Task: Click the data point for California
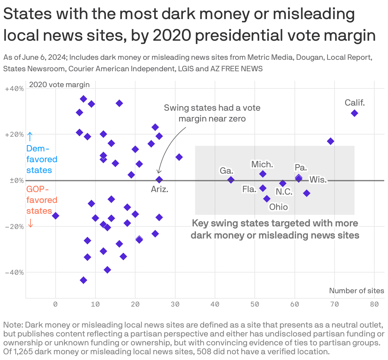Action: click(x=354, y=113)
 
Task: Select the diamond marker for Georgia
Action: click(x=231, y=180)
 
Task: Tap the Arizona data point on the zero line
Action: click(x=159, y=180)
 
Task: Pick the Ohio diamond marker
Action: click(x=267, y=199)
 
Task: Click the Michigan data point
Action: click(x=263, y=174)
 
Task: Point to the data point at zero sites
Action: click(x=56, y=216)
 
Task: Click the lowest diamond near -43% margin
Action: click(x=83, y=280)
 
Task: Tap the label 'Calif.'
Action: click(x=355, y=103)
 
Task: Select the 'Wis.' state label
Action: click(x=318, y=180)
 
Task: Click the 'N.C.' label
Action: click(x=284, y=192)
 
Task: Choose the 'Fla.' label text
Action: click(x=249, y=189)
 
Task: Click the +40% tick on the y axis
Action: click(x=14, y=89)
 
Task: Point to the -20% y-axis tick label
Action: click(x=14, y=226)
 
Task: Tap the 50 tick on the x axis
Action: click(x=255, y=304)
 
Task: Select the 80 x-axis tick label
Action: click(x=374, y=304)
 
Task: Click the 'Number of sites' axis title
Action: click(x=356, y=291)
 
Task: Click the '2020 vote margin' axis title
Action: click(x=59, y=85)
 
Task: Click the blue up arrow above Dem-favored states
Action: click(x=30, y=136)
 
